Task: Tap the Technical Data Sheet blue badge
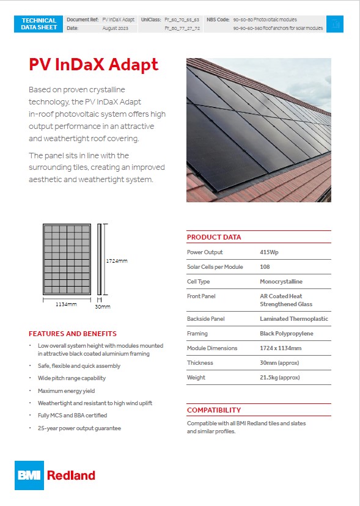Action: click(39, 24)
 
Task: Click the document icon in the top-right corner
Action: click(334, 24)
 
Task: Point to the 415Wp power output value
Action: click(269, 252)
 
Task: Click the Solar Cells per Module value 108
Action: click(265, 267)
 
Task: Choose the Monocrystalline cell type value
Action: click(281, 282)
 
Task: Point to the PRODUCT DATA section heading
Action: click(214, 237)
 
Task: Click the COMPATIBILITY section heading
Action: click(214, 410)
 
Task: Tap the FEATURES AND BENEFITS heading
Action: click(72, 334)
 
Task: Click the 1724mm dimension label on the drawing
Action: click(117, 261)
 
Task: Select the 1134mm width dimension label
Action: click(66, 304)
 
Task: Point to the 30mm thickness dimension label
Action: click(103, 307)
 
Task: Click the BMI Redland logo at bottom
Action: click(55, 475)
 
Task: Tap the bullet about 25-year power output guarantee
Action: click(79, 428)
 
